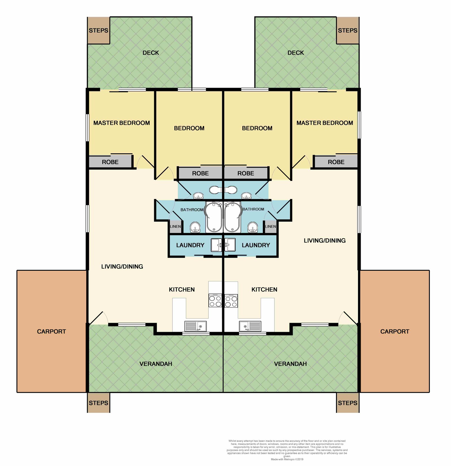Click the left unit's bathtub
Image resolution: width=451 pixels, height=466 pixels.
(214, 217)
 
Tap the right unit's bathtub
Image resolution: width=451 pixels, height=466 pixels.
(233, 217)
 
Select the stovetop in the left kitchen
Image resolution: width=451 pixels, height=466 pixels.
(215, 300)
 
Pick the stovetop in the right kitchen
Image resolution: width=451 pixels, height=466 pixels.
(231, 300)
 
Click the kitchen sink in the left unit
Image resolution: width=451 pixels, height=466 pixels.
(196, 326)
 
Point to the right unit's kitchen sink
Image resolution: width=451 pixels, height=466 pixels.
(250, 326)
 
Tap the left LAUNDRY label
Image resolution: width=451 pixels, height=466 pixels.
(190, 245)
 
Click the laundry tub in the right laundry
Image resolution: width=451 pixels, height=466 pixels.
(230, 245)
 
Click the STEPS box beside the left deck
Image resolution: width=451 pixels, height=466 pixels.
(98, 30)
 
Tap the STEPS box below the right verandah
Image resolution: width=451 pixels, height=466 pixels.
(348, 403)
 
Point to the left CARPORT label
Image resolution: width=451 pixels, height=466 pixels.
(51, 331)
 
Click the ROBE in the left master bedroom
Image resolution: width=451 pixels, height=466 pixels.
(110, 162)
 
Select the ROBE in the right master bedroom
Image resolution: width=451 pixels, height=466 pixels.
(336, 162)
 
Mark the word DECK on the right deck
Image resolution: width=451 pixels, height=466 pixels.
(296, 53)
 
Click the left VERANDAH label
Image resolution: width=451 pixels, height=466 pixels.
(156, 364)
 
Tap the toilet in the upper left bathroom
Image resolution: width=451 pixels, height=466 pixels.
(216, 190)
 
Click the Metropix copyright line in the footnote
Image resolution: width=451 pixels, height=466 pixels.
(287, 459)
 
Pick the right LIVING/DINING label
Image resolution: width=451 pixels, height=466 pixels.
(325, 241)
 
